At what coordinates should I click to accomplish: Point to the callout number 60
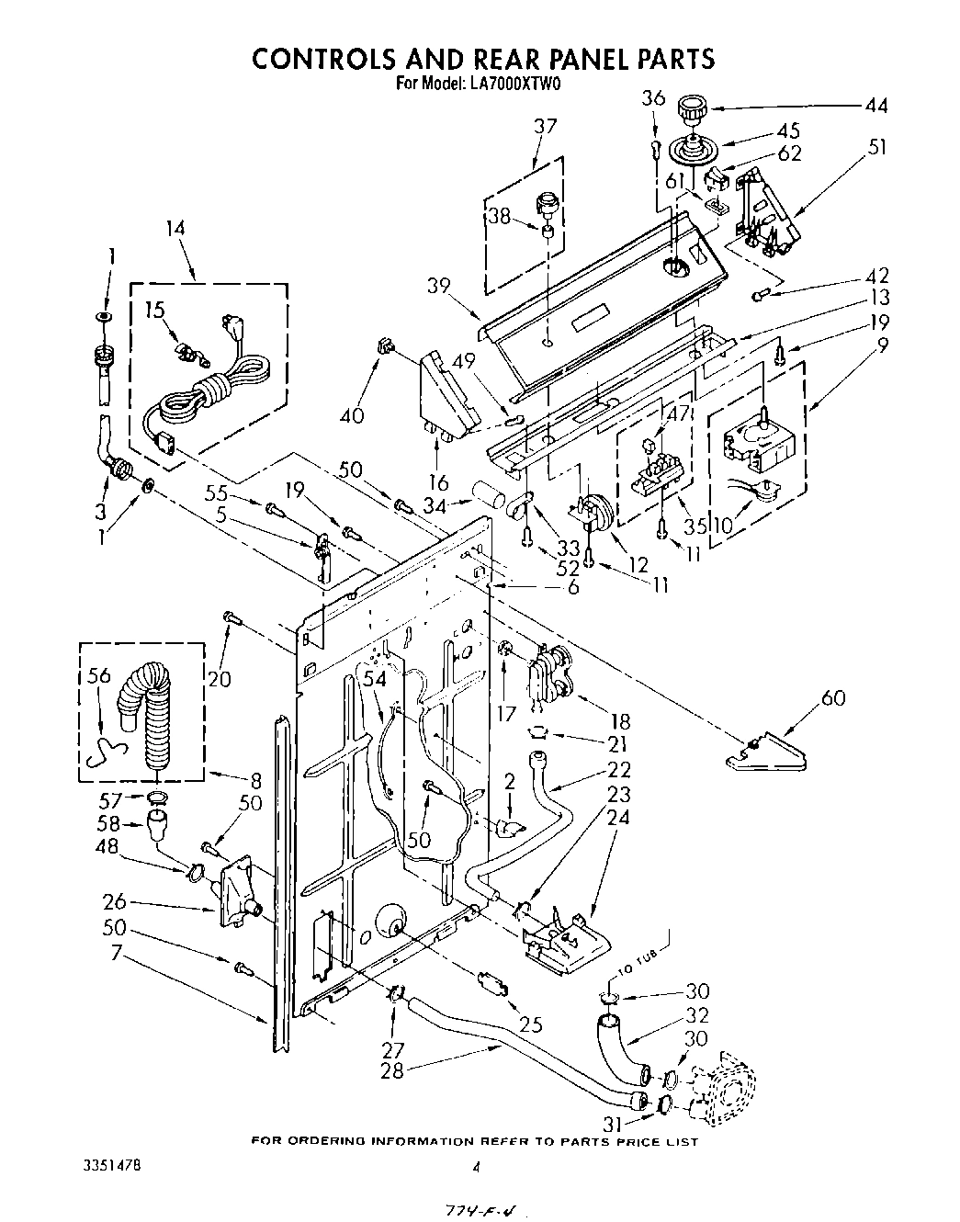pos(832,698)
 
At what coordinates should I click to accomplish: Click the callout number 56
pos(98,676)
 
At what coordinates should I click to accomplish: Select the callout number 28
pos(392,1071)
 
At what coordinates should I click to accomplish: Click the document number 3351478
pos(107,1166)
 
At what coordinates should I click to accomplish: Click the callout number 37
pos(546,126)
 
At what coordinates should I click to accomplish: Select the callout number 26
pos(115,902)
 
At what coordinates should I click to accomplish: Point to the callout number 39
pos(438,285)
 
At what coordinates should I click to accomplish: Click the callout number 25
pos(531,1024)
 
